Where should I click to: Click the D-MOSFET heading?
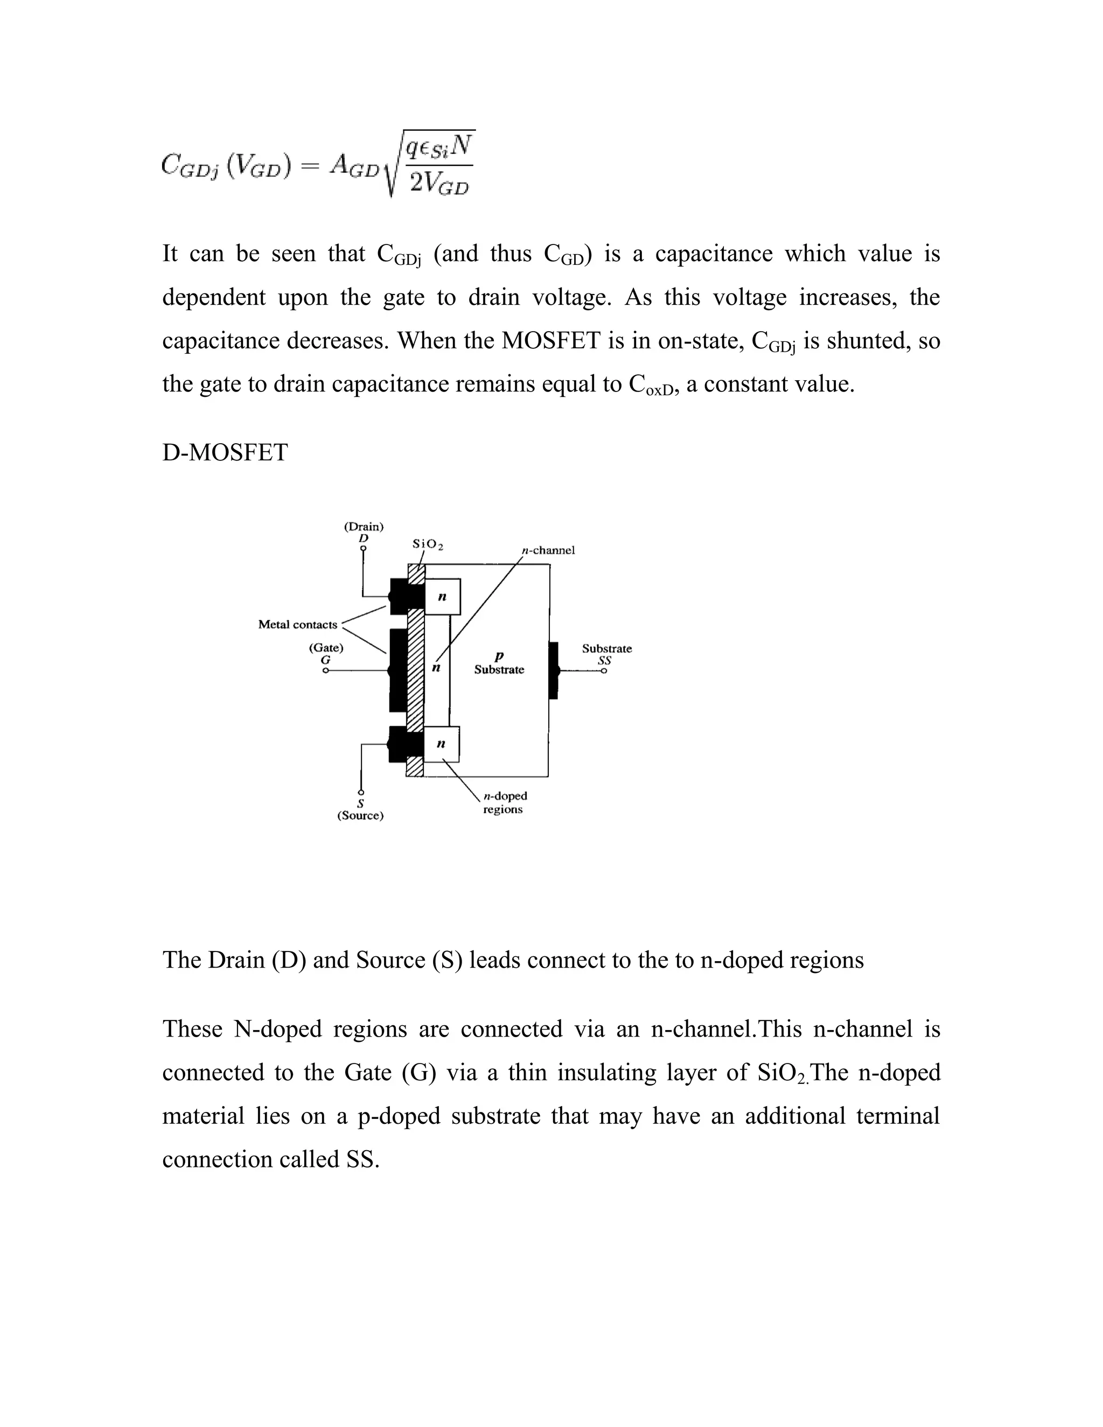click(225, 452)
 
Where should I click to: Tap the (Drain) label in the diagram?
click(364, 527)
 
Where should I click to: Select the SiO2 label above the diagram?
click(428, 544)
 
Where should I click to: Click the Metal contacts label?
click(297, 625)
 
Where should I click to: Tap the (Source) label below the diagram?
click(360, 816)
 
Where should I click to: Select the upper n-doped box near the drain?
click(442, 597)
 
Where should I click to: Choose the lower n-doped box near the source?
click(441, 744)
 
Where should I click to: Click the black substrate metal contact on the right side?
click(554, 670)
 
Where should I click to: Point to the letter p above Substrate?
click(499, 656)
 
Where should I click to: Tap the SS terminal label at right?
click(605, 661)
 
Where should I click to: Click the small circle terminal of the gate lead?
click(325, 671)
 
